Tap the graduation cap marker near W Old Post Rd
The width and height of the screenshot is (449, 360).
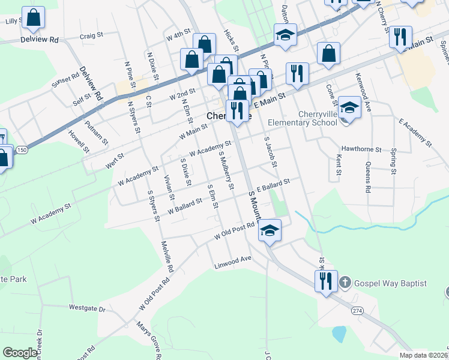click(x=270, y=230)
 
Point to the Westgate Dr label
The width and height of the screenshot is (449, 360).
click(x=87, y=308)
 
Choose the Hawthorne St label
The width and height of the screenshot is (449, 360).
click(x=361, y=148)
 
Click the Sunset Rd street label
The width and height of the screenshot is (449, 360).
click(x=65, y=80)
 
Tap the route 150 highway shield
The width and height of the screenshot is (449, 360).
click(x=22, y=149)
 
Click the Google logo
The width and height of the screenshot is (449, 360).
click(x=20, y=353)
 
